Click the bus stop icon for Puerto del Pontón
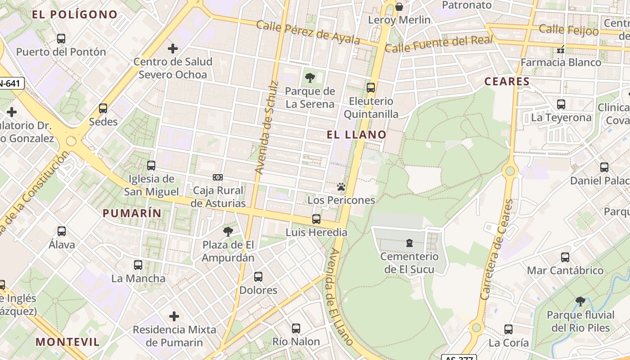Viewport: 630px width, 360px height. [x=61, y=39]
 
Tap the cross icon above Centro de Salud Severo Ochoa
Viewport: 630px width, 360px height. [x=173, y=49]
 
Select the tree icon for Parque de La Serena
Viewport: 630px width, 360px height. [x=310, y=78]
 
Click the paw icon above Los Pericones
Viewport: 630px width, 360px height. [x=341, y=187]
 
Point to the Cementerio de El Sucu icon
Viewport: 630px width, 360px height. [x=409, y=243]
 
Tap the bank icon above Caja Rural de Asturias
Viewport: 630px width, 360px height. [x=218, y=177]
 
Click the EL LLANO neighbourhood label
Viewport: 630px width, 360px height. [x=356, y=135]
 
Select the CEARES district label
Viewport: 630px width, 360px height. [x=507, y=81]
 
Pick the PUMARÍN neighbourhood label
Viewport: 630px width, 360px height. [x=132, y=213]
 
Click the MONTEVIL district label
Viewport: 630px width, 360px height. [x=68, y=342]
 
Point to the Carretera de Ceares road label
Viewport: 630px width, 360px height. [x=497, y=250]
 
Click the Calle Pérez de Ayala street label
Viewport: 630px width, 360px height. [x=308, y=32]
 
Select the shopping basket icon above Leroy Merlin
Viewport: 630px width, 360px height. [x=399, y=7]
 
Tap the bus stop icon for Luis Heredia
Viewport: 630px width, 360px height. [x=316, y=219]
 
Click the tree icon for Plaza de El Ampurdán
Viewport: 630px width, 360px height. [x=228, y=232]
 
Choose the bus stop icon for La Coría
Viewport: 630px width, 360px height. [x=508, y=329]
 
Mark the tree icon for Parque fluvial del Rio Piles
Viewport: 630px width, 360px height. [x=580, y=301]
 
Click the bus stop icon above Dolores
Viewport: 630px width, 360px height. [x=258, y=277]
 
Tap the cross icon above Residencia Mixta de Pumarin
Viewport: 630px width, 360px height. [x=174, y=316]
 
